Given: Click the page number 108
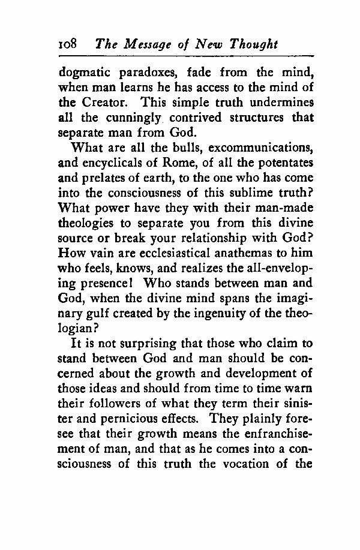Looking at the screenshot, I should pyautogui.click(x=68, y=44).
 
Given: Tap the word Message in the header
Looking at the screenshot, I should pyautogui.click(x=142, y=44).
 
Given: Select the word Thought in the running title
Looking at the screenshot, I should pyautogui.click(x=254, y=44).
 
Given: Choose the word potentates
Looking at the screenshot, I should pyautogui.click(x=283, y=161).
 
